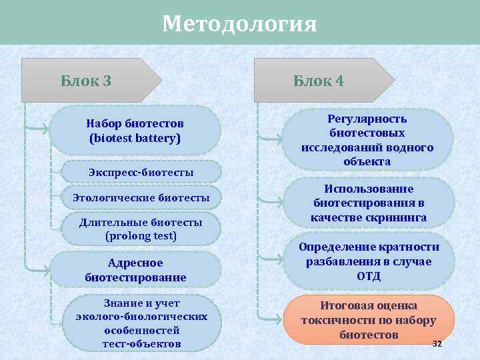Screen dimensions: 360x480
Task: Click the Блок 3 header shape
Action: click(87, 81)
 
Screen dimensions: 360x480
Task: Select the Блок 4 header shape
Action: click(319, 81)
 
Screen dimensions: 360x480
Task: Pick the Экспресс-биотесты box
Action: click(141, 173)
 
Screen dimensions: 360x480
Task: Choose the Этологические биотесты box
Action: click(141, 198)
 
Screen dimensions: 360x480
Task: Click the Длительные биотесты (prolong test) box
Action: click(141, 229)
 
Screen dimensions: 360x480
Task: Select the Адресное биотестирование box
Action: click(135, 270)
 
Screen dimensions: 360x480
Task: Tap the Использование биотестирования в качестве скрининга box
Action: click(369, 203)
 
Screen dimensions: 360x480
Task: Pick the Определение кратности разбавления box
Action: click(369, 261)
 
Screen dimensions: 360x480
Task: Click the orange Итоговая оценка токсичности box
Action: click(369, 319)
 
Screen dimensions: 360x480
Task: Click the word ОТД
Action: click(369, 276)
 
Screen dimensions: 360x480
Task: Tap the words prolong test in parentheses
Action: click(141, 236)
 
